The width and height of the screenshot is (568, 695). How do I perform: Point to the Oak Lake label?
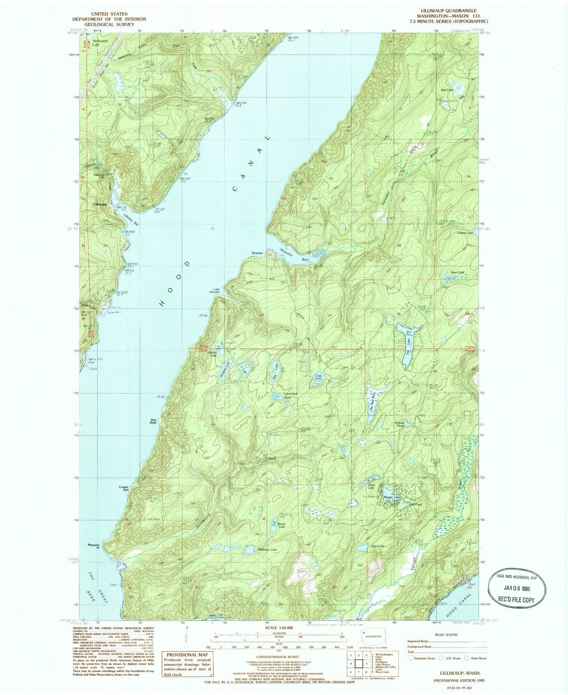447,90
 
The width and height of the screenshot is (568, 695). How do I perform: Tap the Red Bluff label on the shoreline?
153,421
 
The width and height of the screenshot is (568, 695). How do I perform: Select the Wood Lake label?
281,526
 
